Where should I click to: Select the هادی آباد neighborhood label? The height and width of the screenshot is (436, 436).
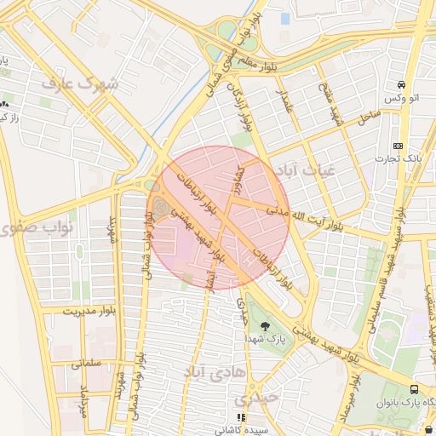pyautogui.click(x=214, y=372)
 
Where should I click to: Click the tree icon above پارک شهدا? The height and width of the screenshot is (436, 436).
pyautogui.click(x=266, y=325)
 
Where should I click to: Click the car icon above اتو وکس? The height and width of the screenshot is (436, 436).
pyautogui.click(x=400, y=85)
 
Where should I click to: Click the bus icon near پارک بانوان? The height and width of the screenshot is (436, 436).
pyautogui.click(x=414, y=387)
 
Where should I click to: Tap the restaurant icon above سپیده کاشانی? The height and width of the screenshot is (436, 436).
pyautogui.click(x=241, y=418)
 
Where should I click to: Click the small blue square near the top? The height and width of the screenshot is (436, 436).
pyautogui.click(x=284, y=18)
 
